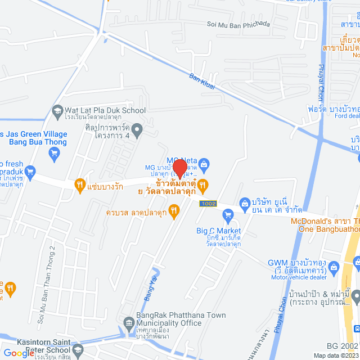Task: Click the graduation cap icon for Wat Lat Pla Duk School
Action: pos(57,111)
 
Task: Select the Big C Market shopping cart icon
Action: pos(228,214)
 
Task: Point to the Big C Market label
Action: pos(218,231)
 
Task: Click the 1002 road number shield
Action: pos(207,202)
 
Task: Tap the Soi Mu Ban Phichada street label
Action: pos(239,24)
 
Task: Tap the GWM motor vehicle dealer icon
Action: pos(334,266)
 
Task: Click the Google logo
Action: pos(18,353)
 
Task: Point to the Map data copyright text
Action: pos(335,355)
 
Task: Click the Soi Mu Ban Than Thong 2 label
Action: pos(47,286)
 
